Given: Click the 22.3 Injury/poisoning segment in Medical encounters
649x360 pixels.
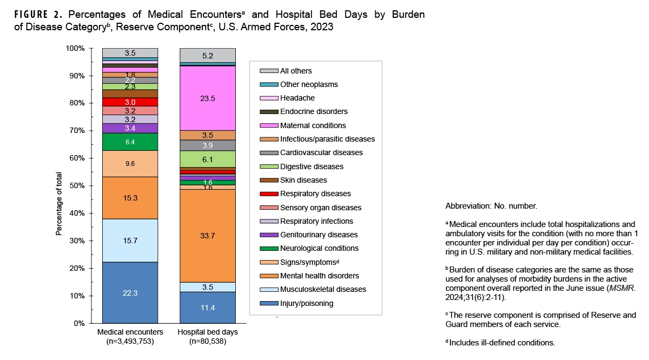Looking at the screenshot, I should tap(130, 292).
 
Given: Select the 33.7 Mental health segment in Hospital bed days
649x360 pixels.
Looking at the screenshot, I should tap(208, 236).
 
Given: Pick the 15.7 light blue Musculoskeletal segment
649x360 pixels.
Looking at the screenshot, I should tap(130, 241).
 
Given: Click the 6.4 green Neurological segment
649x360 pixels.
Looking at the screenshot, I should tap(130, 142).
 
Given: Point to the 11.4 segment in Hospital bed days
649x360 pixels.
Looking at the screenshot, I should tap(208, 308).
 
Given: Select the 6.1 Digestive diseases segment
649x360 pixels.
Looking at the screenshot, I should tap(208, 159).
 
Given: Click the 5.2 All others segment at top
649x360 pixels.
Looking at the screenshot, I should tap(208, 55).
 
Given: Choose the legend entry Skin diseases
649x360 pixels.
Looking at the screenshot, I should tap(303, 180).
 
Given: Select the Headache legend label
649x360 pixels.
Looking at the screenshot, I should tap(297, 98).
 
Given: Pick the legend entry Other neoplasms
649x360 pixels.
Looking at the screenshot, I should tap(309, 84).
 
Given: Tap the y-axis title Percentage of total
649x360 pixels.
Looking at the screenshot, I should tap(59, 204).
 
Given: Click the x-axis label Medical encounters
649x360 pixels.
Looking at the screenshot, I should tap(130, 332).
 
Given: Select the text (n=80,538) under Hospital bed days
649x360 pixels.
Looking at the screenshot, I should tap(208, 342).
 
